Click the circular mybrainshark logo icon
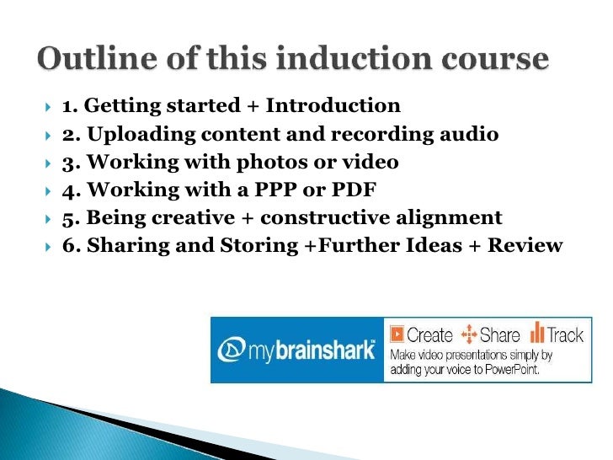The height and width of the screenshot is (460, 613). pyautogui.click(x=232, y=350)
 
